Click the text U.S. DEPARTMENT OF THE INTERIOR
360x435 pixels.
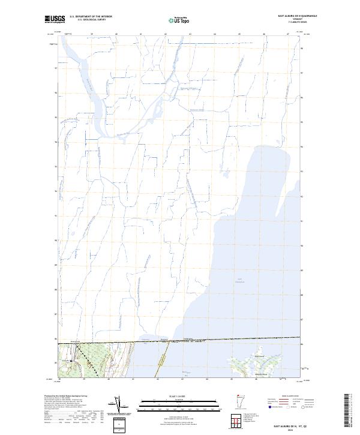[x=91, y=17]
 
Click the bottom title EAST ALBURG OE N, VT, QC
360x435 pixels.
[x=289, y=423]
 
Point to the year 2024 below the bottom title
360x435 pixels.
[x=289, y=427]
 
